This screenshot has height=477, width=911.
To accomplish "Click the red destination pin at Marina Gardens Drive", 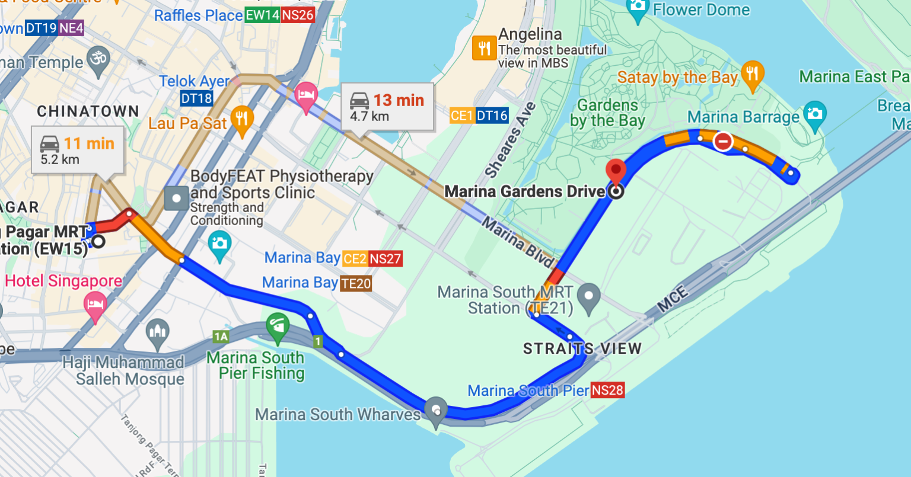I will click(x=616, y=171).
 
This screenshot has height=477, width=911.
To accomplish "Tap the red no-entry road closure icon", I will click(x=723, y=142).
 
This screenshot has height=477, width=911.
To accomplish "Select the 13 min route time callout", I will click(x=387, y=107).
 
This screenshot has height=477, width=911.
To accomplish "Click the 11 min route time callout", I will click(x=78, y=151).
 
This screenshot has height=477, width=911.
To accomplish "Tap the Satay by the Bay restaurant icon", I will click(x=752, y=75).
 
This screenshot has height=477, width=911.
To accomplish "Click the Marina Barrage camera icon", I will click(x=814, y=112).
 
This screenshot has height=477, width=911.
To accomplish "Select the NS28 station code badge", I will click(x=608, y=390).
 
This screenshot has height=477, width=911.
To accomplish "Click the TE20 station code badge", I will click(x=356, y=284).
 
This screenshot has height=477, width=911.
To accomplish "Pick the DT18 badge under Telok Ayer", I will click(x=196, y=98).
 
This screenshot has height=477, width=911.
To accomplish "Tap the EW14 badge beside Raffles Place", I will click(x=262, y=15).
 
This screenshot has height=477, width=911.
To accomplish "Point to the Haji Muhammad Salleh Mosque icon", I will click(x=158, y=334).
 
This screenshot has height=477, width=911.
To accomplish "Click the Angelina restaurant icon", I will click(x=484, y=48).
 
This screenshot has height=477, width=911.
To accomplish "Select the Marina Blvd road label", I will click(x=518, y=242).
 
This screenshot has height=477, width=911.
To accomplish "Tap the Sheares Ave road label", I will click(x=510, y=140).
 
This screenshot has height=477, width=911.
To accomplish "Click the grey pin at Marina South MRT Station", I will click(x=589, y=297).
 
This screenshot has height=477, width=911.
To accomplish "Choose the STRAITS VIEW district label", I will click(x=582, y=348).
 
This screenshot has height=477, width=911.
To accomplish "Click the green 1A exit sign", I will click(x=221, y=337).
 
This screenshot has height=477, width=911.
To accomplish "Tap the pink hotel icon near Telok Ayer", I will click(x=306, y=96).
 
